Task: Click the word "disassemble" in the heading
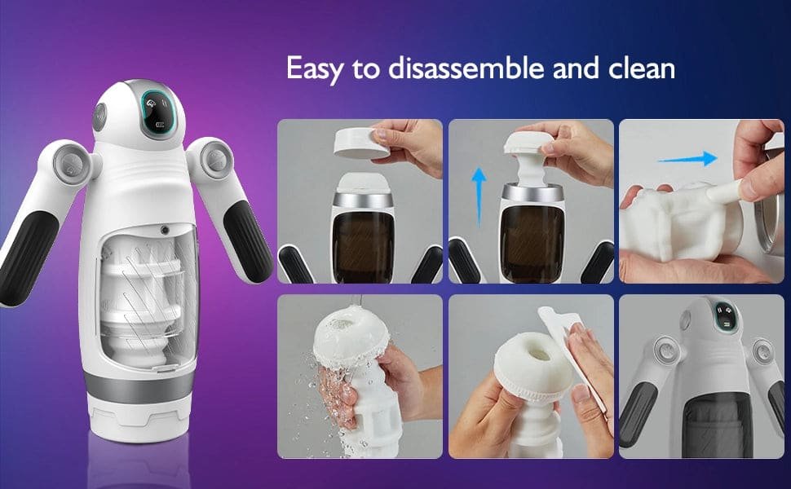click(x=466, y=68)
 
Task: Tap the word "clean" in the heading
click(x=642, y=68)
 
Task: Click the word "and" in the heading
click(x=576, y=68)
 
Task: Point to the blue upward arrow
click(x=478, y=197)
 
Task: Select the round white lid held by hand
click(x=357, y=143)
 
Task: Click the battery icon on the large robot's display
click(x=161, y=125)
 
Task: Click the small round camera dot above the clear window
click(x=165, y=230)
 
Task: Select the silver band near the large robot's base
click(x=139, y=387)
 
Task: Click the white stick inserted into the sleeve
click(x=723, y=190)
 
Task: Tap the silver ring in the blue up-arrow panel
click(x=532, y=192)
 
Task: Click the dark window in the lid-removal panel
click(x=362, y=246)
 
